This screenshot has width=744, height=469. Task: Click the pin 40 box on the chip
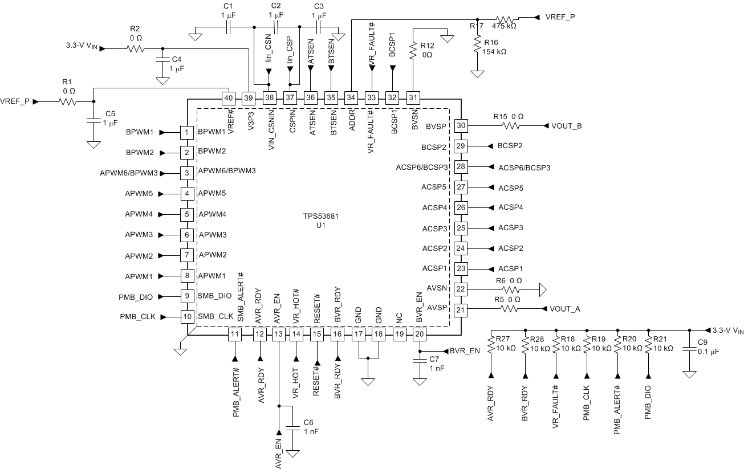(228, 98)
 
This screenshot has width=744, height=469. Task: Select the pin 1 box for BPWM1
(186, 132)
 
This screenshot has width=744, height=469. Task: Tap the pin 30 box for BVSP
(461, 125)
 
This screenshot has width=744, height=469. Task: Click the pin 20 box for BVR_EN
(420, 334)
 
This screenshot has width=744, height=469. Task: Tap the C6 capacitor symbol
(294, 427)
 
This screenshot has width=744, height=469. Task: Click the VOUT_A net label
(565, 309)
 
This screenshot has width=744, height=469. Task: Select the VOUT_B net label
(566, 125)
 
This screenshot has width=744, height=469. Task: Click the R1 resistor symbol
(67, 102)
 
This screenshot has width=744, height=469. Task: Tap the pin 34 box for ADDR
(351, 98)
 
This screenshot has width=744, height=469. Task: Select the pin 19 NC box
(399, 334)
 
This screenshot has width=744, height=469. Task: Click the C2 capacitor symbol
(276, 26)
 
